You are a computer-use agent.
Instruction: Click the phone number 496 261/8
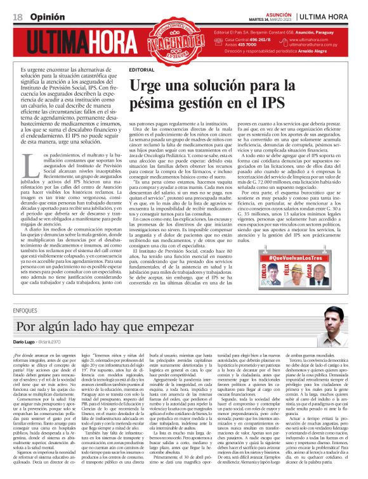point(256,40)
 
